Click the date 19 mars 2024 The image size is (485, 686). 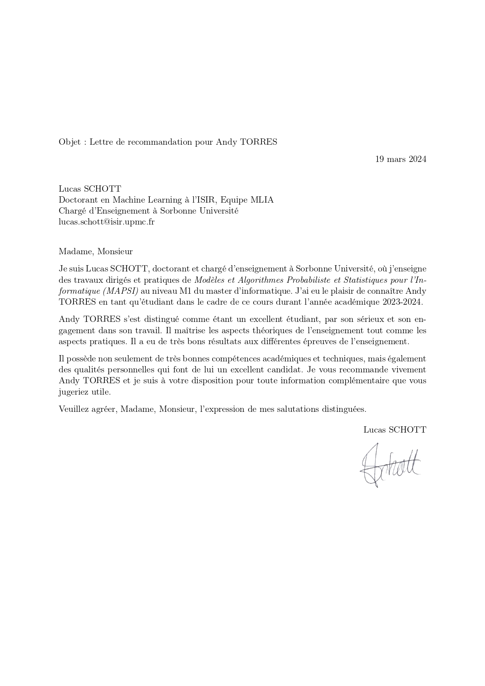click(x=401, y=159)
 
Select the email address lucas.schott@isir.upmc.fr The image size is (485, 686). click(x=106, y=222)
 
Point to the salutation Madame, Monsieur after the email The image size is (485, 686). click(x=95, y=251)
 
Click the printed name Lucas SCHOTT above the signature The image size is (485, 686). click(x=395, y=430)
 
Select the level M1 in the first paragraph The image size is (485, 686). click(x=185, y=291)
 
